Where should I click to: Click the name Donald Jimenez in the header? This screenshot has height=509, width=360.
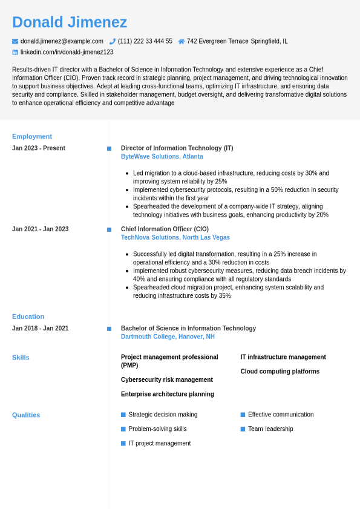coord(70,22)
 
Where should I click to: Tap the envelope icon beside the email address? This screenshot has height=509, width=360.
coord(15,41)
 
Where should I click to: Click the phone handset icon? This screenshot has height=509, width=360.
coord(113,41)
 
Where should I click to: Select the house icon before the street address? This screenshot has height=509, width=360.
coord(182,41)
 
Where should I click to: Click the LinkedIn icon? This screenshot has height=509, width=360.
coord(15,52)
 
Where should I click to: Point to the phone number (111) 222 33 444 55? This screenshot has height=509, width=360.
coord(145,41)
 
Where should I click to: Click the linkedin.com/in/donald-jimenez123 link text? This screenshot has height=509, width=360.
coord(67,52)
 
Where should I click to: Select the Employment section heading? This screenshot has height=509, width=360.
coord(32,136)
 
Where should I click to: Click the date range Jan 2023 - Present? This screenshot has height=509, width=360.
coord(39,148)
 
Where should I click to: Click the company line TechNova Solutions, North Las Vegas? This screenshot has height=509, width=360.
coord(175,238)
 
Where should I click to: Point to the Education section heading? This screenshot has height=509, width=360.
coord(28,317)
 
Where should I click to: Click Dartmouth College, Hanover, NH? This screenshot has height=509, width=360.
coord(168,337)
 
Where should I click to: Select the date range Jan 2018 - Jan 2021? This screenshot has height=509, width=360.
coord(40,329)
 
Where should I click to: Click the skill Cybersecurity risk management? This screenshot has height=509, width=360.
coord(166,380)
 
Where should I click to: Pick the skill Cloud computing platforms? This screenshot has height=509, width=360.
coord(280,372)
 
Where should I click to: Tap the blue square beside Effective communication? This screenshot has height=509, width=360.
coord(243,415)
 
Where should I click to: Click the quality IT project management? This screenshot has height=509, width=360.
coord(159,444)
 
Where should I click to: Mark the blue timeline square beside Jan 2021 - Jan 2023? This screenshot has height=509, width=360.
coord(109,229)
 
